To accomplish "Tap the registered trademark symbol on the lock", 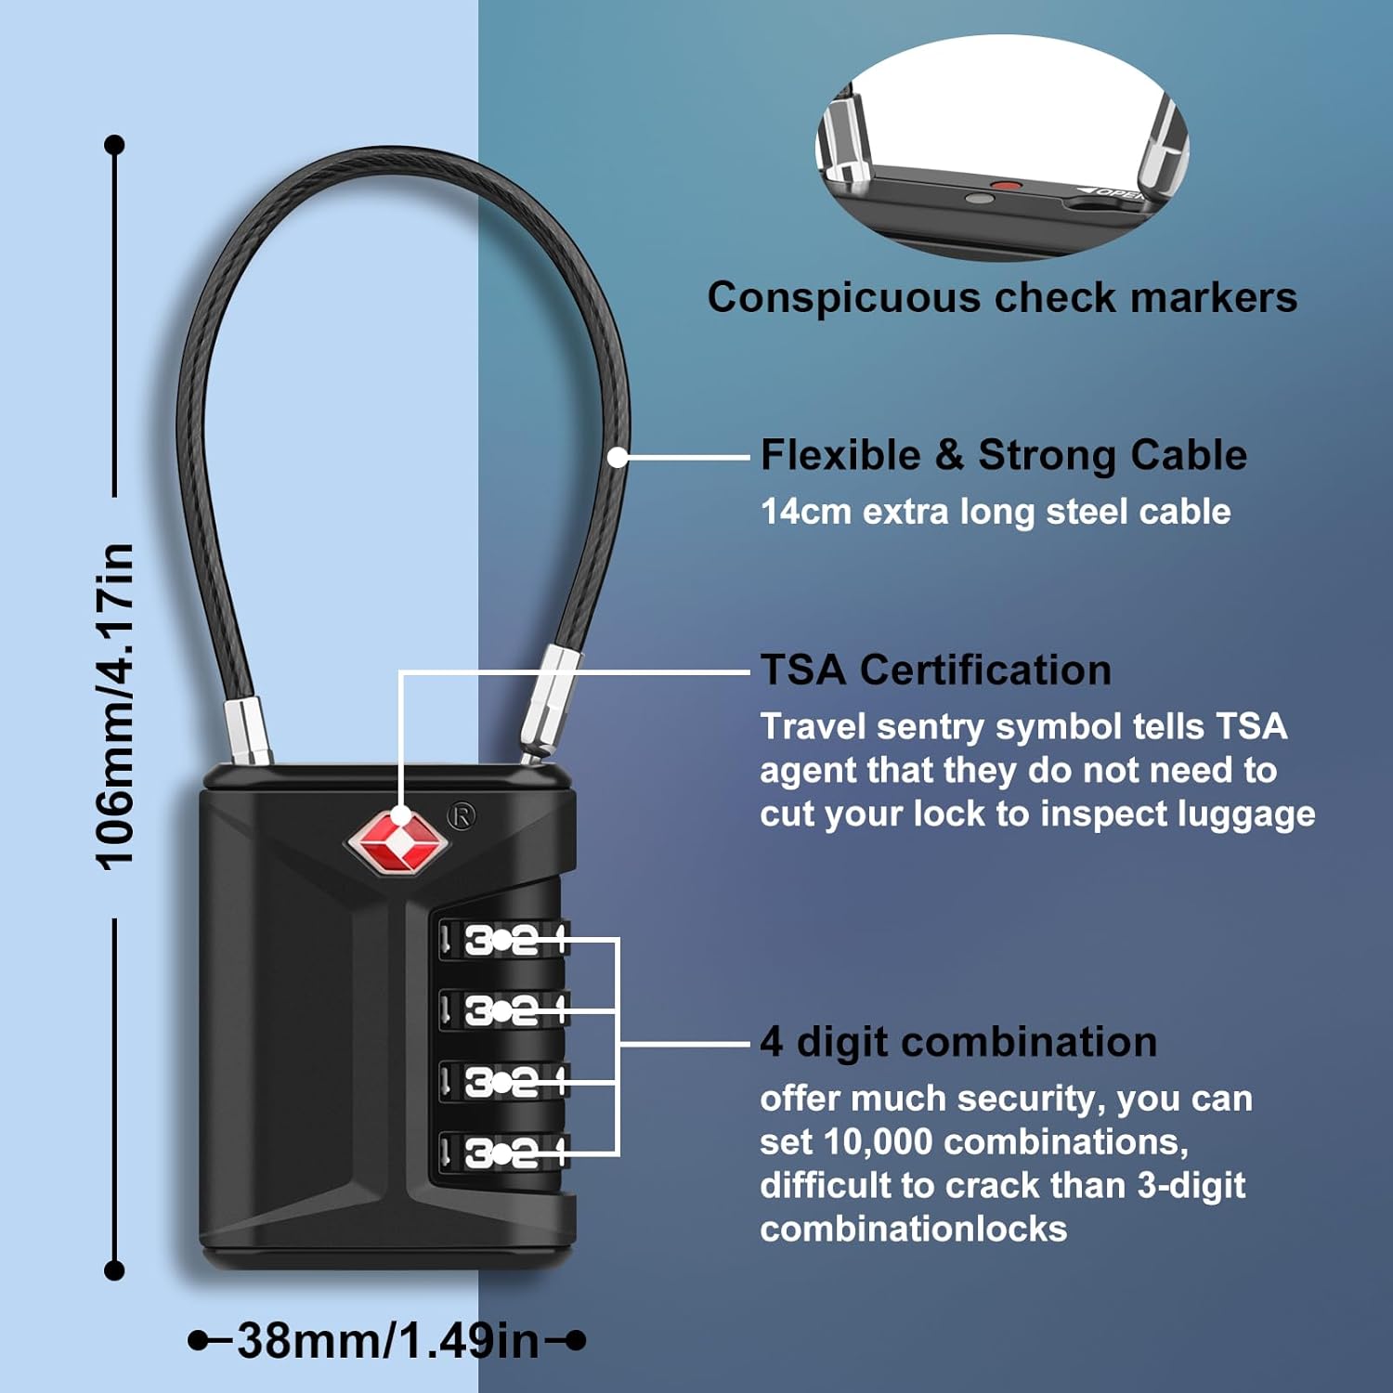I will click(462, 816).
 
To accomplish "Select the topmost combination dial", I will click(501, 941).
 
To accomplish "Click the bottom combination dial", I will click(501, 1153).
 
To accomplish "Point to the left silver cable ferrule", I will click(248, 732).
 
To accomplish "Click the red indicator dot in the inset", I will click(1005, 186).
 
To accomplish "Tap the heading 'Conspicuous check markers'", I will click(1002, 298).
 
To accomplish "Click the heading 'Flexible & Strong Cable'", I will click(1003, 455).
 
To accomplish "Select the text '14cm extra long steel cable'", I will click(995, 512).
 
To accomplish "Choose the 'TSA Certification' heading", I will click(935, 670).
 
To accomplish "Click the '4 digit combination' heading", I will click(958, 1042).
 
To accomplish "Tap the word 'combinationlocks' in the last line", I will click(914, 1229).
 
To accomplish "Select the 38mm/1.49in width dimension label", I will click(387, 1340).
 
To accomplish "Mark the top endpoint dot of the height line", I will click(115, 145).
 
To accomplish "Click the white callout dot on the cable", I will click(618, 457).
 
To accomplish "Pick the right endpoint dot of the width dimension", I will click(576, 1340).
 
